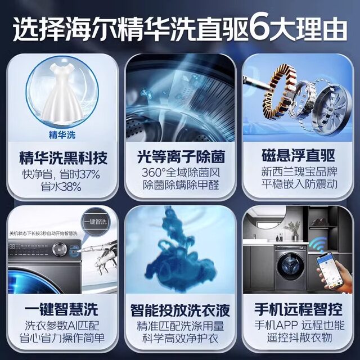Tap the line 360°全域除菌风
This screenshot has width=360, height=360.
click(x=180, y=172)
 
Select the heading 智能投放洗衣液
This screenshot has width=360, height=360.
click(x=180, y=309)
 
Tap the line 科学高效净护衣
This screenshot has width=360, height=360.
click(x=180, y=339)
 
